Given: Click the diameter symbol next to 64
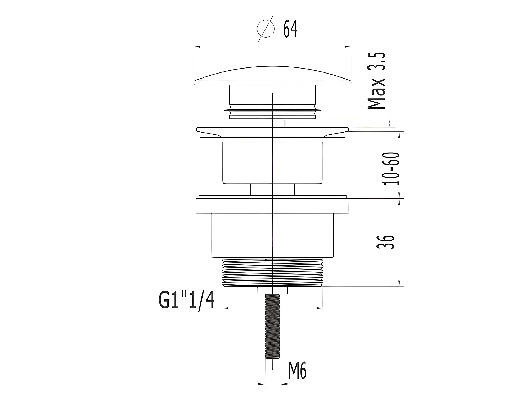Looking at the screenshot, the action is [x=266, y=29].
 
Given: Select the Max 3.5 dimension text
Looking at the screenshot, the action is [x=376, y=81].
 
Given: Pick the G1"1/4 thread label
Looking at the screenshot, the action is [x=186, y=300].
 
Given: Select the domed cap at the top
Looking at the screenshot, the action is [x=272, y=75].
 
